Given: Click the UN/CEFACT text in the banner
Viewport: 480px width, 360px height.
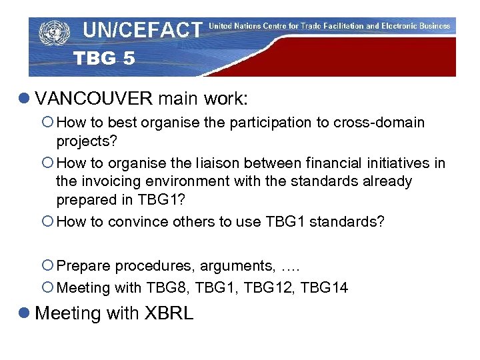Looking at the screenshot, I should (142, 30).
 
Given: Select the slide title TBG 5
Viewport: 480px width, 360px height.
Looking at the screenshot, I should (104, 59).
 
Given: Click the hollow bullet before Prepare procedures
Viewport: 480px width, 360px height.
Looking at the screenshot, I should (49, 266).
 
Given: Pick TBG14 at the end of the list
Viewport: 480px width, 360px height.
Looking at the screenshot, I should (324, 288).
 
